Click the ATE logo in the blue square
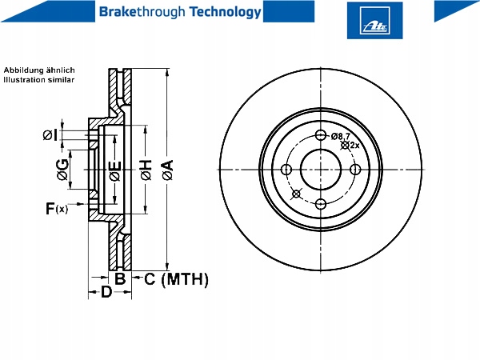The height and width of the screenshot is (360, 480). pyautogui.click(x=374, y=20)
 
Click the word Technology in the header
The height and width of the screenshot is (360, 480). pyautogui.click(x=225, y=12)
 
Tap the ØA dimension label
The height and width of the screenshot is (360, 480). pyautogui.click(x=168, y=170)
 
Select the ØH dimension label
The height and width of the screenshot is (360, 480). pyautogui.click(x=146, y=170)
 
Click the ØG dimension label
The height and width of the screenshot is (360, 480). pyautogui.click(x=62, y=170)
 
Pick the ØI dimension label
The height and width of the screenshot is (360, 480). pyautogui.click(x=50, y=134)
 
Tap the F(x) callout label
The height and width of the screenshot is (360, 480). pyautogui.click(x=57, y=209)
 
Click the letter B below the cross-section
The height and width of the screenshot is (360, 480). pyautogui.click(x=120, y=278)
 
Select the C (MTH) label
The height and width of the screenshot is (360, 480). pyautogui.click(x=176, y=279)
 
